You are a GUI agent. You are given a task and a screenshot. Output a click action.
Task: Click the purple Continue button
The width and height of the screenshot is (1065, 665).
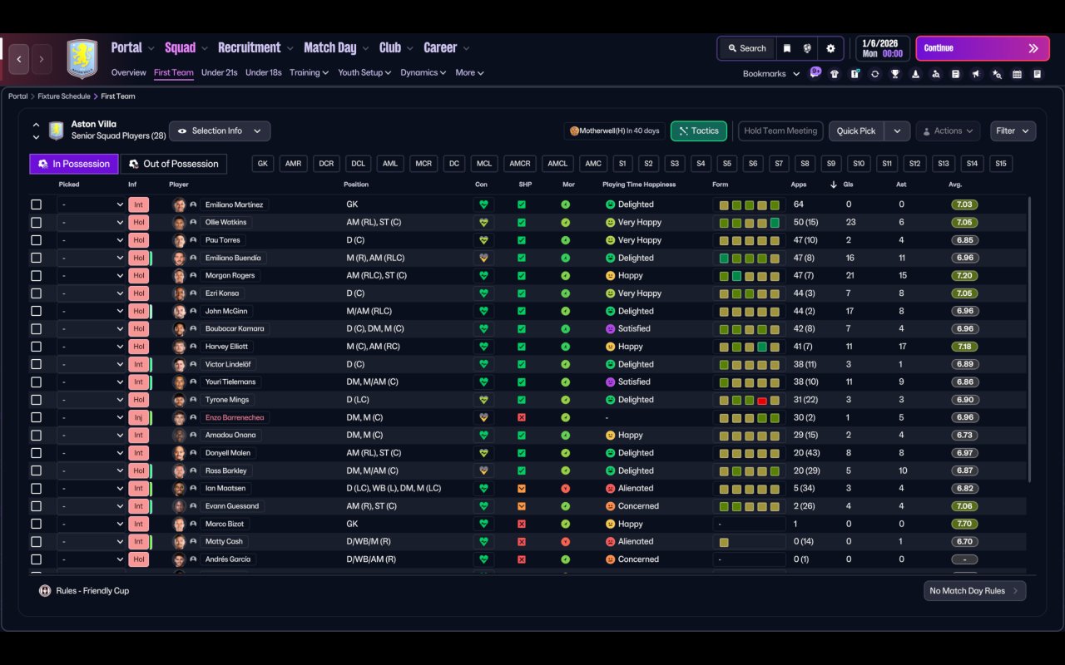pyautogui.click(x=983, y=48)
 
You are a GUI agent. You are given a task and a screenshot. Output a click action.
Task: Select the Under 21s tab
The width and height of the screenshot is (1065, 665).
pyautogui.click(x=219, y=72)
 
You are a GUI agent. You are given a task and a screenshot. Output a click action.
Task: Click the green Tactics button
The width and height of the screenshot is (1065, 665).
pyautogui.click(x=698, y=131)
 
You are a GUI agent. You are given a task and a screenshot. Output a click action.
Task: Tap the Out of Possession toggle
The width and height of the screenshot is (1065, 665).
pyautogui.click(x=174, y=164)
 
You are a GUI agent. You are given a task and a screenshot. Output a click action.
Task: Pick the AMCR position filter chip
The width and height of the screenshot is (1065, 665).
pyautogui.click(x=520, y=164)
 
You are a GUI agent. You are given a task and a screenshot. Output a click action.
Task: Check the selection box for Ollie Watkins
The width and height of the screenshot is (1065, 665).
pyautogui.click(x=36, y=222)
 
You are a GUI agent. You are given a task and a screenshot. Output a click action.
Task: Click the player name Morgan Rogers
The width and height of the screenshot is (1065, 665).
pyautogui.click(x=230, y=275)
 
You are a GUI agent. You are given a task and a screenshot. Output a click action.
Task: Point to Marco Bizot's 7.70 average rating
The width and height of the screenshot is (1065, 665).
pyautogui.click(x=964, y=524)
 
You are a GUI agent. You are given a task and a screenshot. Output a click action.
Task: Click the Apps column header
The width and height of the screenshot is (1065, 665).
pyautogui.click(x=798, y=185)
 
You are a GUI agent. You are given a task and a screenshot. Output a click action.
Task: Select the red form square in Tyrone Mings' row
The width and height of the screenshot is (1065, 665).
pyautogui.click(x=761, y=401)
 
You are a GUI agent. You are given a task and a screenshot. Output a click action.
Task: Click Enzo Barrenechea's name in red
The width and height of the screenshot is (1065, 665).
pyautogui.click(x=235, y=417)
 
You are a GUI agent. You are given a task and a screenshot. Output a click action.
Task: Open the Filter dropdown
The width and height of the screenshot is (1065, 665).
pyautogui.click(x=1013, y=131)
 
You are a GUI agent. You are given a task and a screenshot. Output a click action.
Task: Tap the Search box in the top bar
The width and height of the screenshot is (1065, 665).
pyautogui.click(x=747, y=48)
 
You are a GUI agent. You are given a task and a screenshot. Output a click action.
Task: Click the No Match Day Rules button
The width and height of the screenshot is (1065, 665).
pyautogui.click(x=974, y=591)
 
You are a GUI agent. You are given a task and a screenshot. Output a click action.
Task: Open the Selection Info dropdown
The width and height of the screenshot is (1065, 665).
pyautogui.click(x=220, y=131)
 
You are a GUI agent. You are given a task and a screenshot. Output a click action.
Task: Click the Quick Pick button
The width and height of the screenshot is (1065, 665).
pyautogui.click(x=856, y=131)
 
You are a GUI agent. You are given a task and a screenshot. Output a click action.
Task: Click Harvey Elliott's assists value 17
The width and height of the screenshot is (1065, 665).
pyautogui.click(x=902, y=347)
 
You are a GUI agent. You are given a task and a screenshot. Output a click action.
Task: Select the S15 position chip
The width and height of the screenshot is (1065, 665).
pyautogui.click(x=1000, y=164)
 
